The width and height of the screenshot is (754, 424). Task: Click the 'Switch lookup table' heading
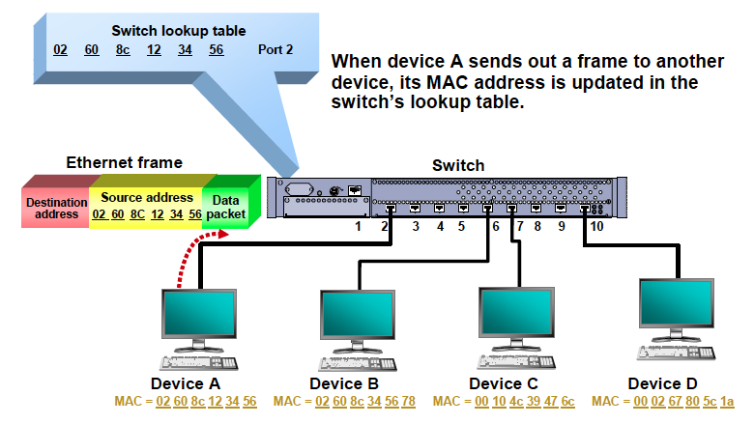click(x=178, y=31)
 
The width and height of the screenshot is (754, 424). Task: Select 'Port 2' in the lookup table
click(x=275, y=49)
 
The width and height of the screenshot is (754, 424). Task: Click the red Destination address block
click(x=55, y=208)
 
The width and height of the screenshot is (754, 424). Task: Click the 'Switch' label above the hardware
click(x=460, y=165)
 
